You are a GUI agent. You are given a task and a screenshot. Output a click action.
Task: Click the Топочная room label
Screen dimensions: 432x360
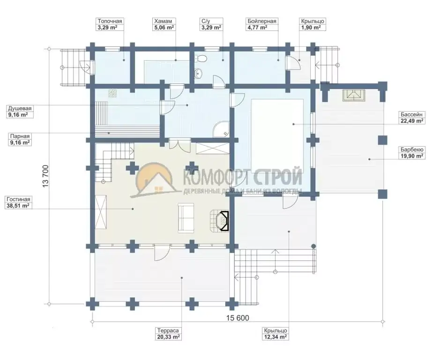point(110,21)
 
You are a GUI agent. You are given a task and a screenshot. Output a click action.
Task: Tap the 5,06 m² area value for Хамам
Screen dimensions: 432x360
point(164,28)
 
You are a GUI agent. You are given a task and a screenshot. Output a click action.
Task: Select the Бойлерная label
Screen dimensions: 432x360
point(262,21)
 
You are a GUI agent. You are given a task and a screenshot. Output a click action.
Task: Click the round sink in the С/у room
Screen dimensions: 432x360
point(199,73)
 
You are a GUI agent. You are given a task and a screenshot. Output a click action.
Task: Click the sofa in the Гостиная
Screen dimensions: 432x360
point(186,217)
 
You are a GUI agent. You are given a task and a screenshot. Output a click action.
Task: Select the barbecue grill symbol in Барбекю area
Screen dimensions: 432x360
point(354,95)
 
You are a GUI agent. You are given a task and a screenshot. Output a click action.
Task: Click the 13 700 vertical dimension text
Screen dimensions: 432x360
point(46,176)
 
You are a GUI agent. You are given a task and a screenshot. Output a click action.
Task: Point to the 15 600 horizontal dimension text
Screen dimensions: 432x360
point(238,318)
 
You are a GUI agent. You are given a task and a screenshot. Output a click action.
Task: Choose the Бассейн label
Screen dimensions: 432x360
point(411,114)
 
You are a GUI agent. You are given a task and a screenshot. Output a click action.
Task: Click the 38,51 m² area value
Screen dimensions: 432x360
point(18,206)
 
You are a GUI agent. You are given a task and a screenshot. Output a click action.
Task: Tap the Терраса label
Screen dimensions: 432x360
point(168,330)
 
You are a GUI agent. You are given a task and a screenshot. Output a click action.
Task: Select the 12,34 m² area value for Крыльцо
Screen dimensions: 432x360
point(275,337)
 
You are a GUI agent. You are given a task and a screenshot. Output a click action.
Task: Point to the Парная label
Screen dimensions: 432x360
point(20,136)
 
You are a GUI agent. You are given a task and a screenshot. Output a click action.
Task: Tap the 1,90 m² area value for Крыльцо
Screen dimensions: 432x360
point(311,28)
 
